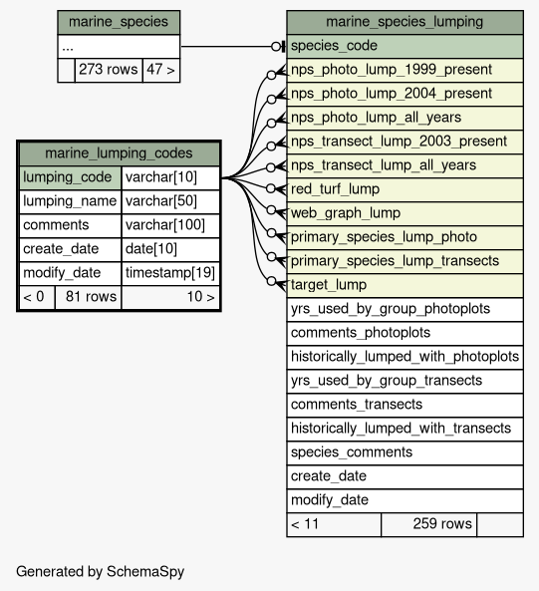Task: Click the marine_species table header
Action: coord(119,22)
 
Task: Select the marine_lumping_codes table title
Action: coord(119,153)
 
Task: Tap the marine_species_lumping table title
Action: coord(404,22)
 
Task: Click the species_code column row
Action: coord(404,47)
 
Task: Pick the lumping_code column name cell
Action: coord(70,177)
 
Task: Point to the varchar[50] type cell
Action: coord(170,201)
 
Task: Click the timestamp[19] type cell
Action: coord(170,273)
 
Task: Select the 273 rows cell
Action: coord(109,70)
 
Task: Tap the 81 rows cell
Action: coord(88,297)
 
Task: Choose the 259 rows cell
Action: coord(428,524)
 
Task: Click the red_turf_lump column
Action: coord(404,189)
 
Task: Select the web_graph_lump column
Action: coord(404,213)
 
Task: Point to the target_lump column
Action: coord(404,285)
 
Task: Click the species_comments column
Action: coord(404,452)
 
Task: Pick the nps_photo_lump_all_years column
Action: coord(404,118)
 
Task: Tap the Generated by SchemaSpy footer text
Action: coord(101,572)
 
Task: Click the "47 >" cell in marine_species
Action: coord(161,70)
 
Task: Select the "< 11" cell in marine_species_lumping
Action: coord(334,524)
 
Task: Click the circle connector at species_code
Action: coord(276,47)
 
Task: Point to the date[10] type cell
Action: coord(170,249)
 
